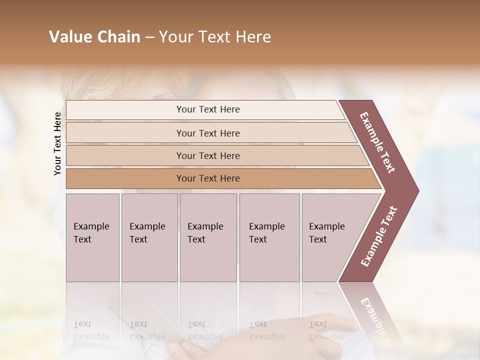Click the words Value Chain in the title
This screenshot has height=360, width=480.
[x=94, y=37]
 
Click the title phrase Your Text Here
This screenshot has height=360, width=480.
[x=215, y=37]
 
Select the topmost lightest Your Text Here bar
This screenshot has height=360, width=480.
[x=207, y=109]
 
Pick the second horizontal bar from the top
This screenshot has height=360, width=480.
[x=207, y=133]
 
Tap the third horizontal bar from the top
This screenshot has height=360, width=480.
[x=207, y=155]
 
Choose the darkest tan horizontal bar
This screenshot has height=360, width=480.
[x=207, y=178]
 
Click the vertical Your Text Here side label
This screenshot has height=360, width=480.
[x=57, y=143]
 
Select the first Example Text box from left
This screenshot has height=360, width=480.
[x=92, y=237]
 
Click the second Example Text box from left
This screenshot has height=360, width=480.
[x=149, y=237]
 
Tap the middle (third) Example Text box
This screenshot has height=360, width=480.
[x=208, y=237]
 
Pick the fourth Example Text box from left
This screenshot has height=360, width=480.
[x=269, y=237]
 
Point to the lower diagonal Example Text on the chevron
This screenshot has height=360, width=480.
[x=379, y=236]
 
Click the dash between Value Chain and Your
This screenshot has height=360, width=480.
[x=149, y=37]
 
